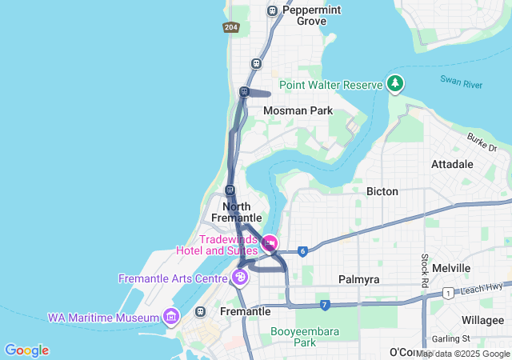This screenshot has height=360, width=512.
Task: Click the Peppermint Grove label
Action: coord(300,15)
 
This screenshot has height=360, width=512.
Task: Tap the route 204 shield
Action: coord(230,27)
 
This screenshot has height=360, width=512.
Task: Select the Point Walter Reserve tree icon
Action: coord(394,83)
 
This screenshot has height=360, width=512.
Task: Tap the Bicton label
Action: coord(382,192)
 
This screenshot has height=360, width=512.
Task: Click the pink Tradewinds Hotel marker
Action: coord(270,242)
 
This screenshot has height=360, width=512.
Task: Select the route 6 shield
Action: coord(302,251)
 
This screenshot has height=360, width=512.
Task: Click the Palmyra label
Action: coord(358,280)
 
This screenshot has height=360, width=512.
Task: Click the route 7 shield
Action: coord(324,305)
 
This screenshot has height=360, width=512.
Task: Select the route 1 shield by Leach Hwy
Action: coord(450,292)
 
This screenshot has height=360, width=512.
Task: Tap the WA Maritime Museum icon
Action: coord(170,318)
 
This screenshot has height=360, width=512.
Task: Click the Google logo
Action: coord(26,350)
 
